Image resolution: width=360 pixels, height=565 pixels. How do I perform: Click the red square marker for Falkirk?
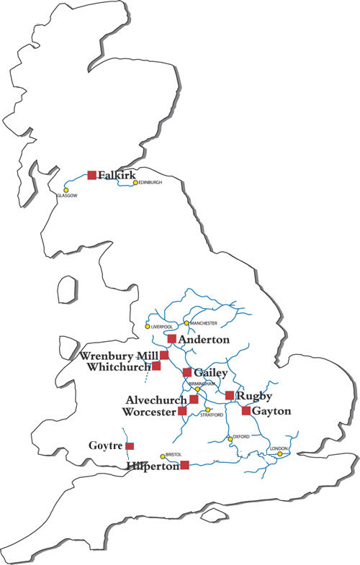point(91,175)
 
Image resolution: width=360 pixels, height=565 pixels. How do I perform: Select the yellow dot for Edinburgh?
point(135,183)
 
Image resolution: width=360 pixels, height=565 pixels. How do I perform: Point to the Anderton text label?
point(204,339)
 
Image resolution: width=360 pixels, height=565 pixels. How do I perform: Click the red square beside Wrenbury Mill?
point(164,356)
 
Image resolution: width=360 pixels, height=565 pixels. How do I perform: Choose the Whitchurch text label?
point(117,367)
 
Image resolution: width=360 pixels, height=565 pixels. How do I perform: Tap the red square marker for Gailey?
point(187,372)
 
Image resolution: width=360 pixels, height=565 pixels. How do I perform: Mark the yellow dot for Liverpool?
point(148,327)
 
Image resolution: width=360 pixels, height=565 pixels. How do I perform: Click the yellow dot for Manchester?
point(186,323)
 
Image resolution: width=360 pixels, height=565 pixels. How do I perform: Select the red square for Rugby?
point(230,395)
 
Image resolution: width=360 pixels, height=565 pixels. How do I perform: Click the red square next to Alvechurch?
point(194,399)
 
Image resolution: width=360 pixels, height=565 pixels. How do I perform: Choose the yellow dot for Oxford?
point(230,438)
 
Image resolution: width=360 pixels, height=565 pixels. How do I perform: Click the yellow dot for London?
point(280,453)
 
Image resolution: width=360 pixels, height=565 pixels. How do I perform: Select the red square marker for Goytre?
point(130,446)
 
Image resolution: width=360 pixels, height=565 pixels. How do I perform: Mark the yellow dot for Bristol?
point(163,456)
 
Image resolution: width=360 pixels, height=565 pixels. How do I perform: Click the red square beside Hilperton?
point(184,465)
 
